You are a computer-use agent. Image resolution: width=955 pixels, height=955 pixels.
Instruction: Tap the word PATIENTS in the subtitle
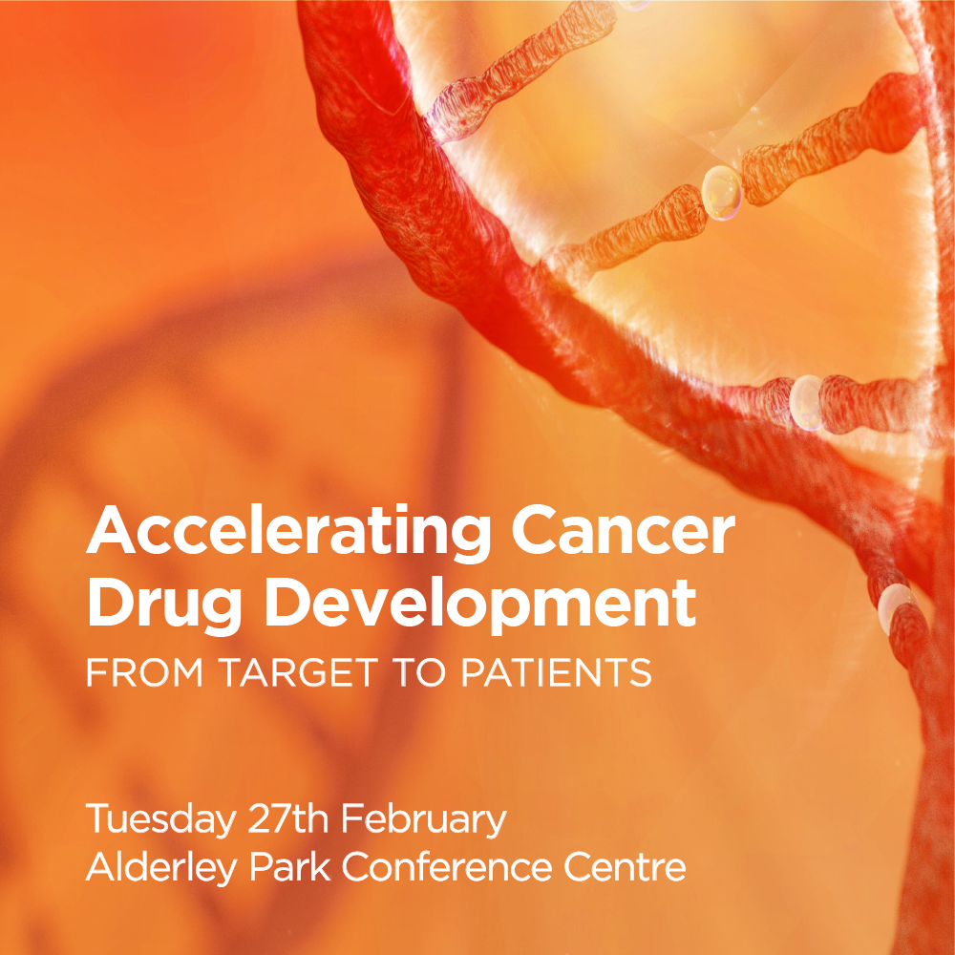pyautogui.click(x=557, y=672)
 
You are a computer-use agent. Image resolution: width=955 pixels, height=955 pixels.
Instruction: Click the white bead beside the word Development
pyautogui.click(x=896, y=605)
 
